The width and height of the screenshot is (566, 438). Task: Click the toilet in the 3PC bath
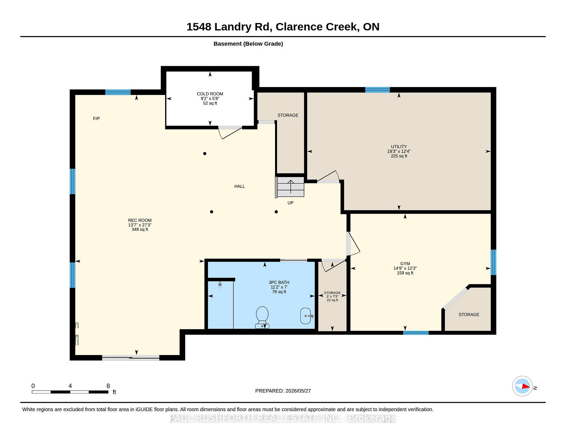point(262,317)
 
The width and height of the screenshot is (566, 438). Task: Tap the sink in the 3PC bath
point(306,316)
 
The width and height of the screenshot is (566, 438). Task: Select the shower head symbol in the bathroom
point(220,285)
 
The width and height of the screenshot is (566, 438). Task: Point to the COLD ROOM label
point(210,94)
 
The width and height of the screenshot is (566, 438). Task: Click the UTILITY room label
point(399,147)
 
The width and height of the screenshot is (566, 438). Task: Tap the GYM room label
point(405,264)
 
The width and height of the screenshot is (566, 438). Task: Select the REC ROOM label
point(140,220)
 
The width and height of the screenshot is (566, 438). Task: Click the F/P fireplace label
point(96,119)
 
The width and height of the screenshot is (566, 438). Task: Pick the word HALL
point(240,186)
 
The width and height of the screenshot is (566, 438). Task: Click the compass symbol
point(522,386)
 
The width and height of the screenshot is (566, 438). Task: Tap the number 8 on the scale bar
point(108,386)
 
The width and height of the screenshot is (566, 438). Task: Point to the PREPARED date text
point(283,391)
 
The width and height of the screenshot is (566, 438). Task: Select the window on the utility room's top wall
point(377,90)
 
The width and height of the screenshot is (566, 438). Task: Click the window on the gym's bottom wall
point(416,333)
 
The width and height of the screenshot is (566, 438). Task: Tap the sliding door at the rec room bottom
point(131,358)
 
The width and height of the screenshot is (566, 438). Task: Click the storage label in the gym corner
point(469,315)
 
